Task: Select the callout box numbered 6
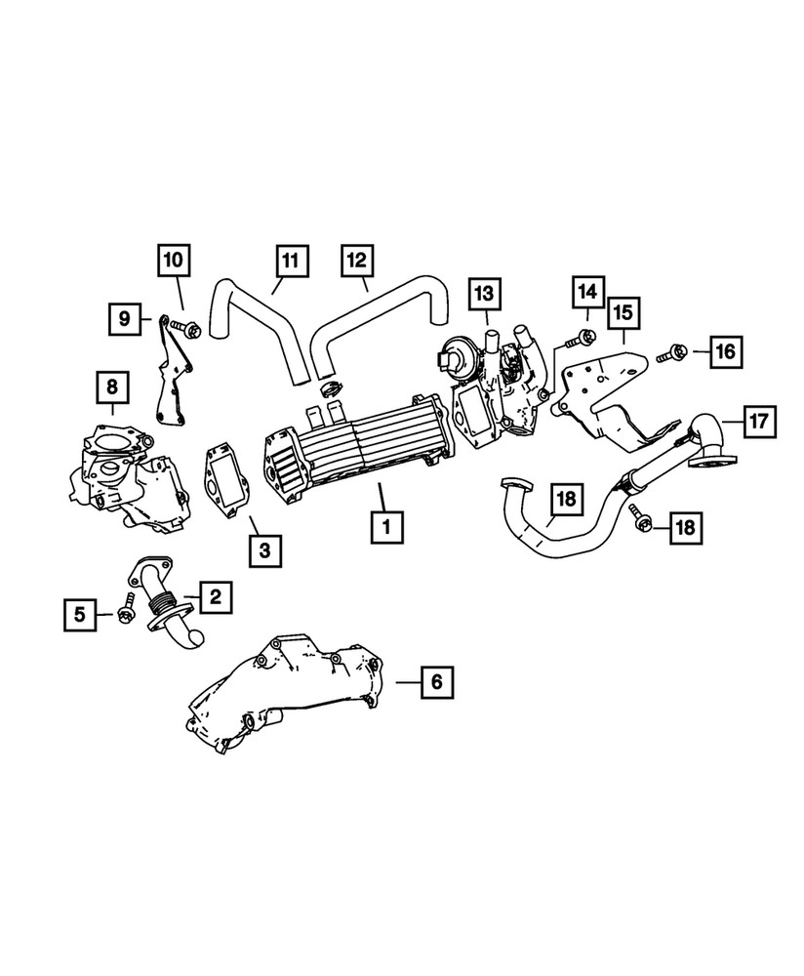(x=436, y=681)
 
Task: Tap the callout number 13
(x=486, y=293)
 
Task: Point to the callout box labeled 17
(x=759, y=422)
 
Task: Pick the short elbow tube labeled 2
(x=166, y=605)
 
